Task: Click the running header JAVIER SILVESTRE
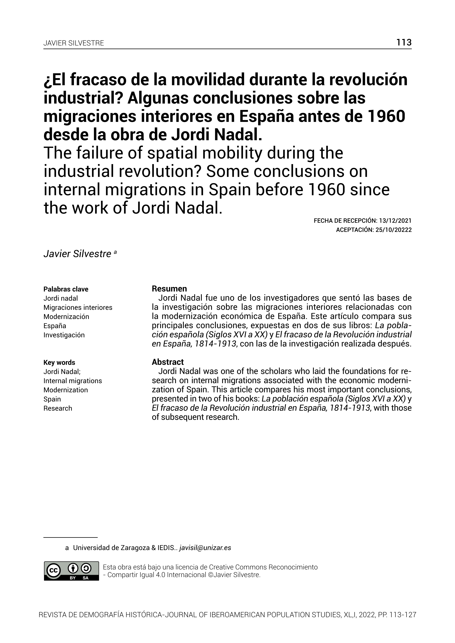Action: [x=74, y=43]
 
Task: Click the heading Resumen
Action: [x=169, y=289]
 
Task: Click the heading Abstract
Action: [x=168, y=362]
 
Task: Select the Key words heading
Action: [x=59, y=363]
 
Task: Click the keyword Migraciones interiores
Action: [x=78, y=307]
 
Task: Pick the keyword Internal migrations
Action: [x=73, y=381]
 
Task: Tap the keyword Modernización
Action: [x=66, y=317]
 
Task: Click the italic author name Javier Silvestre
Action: [x=77, y=254]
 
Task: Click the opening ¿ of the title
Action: [x=46, y=80]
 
